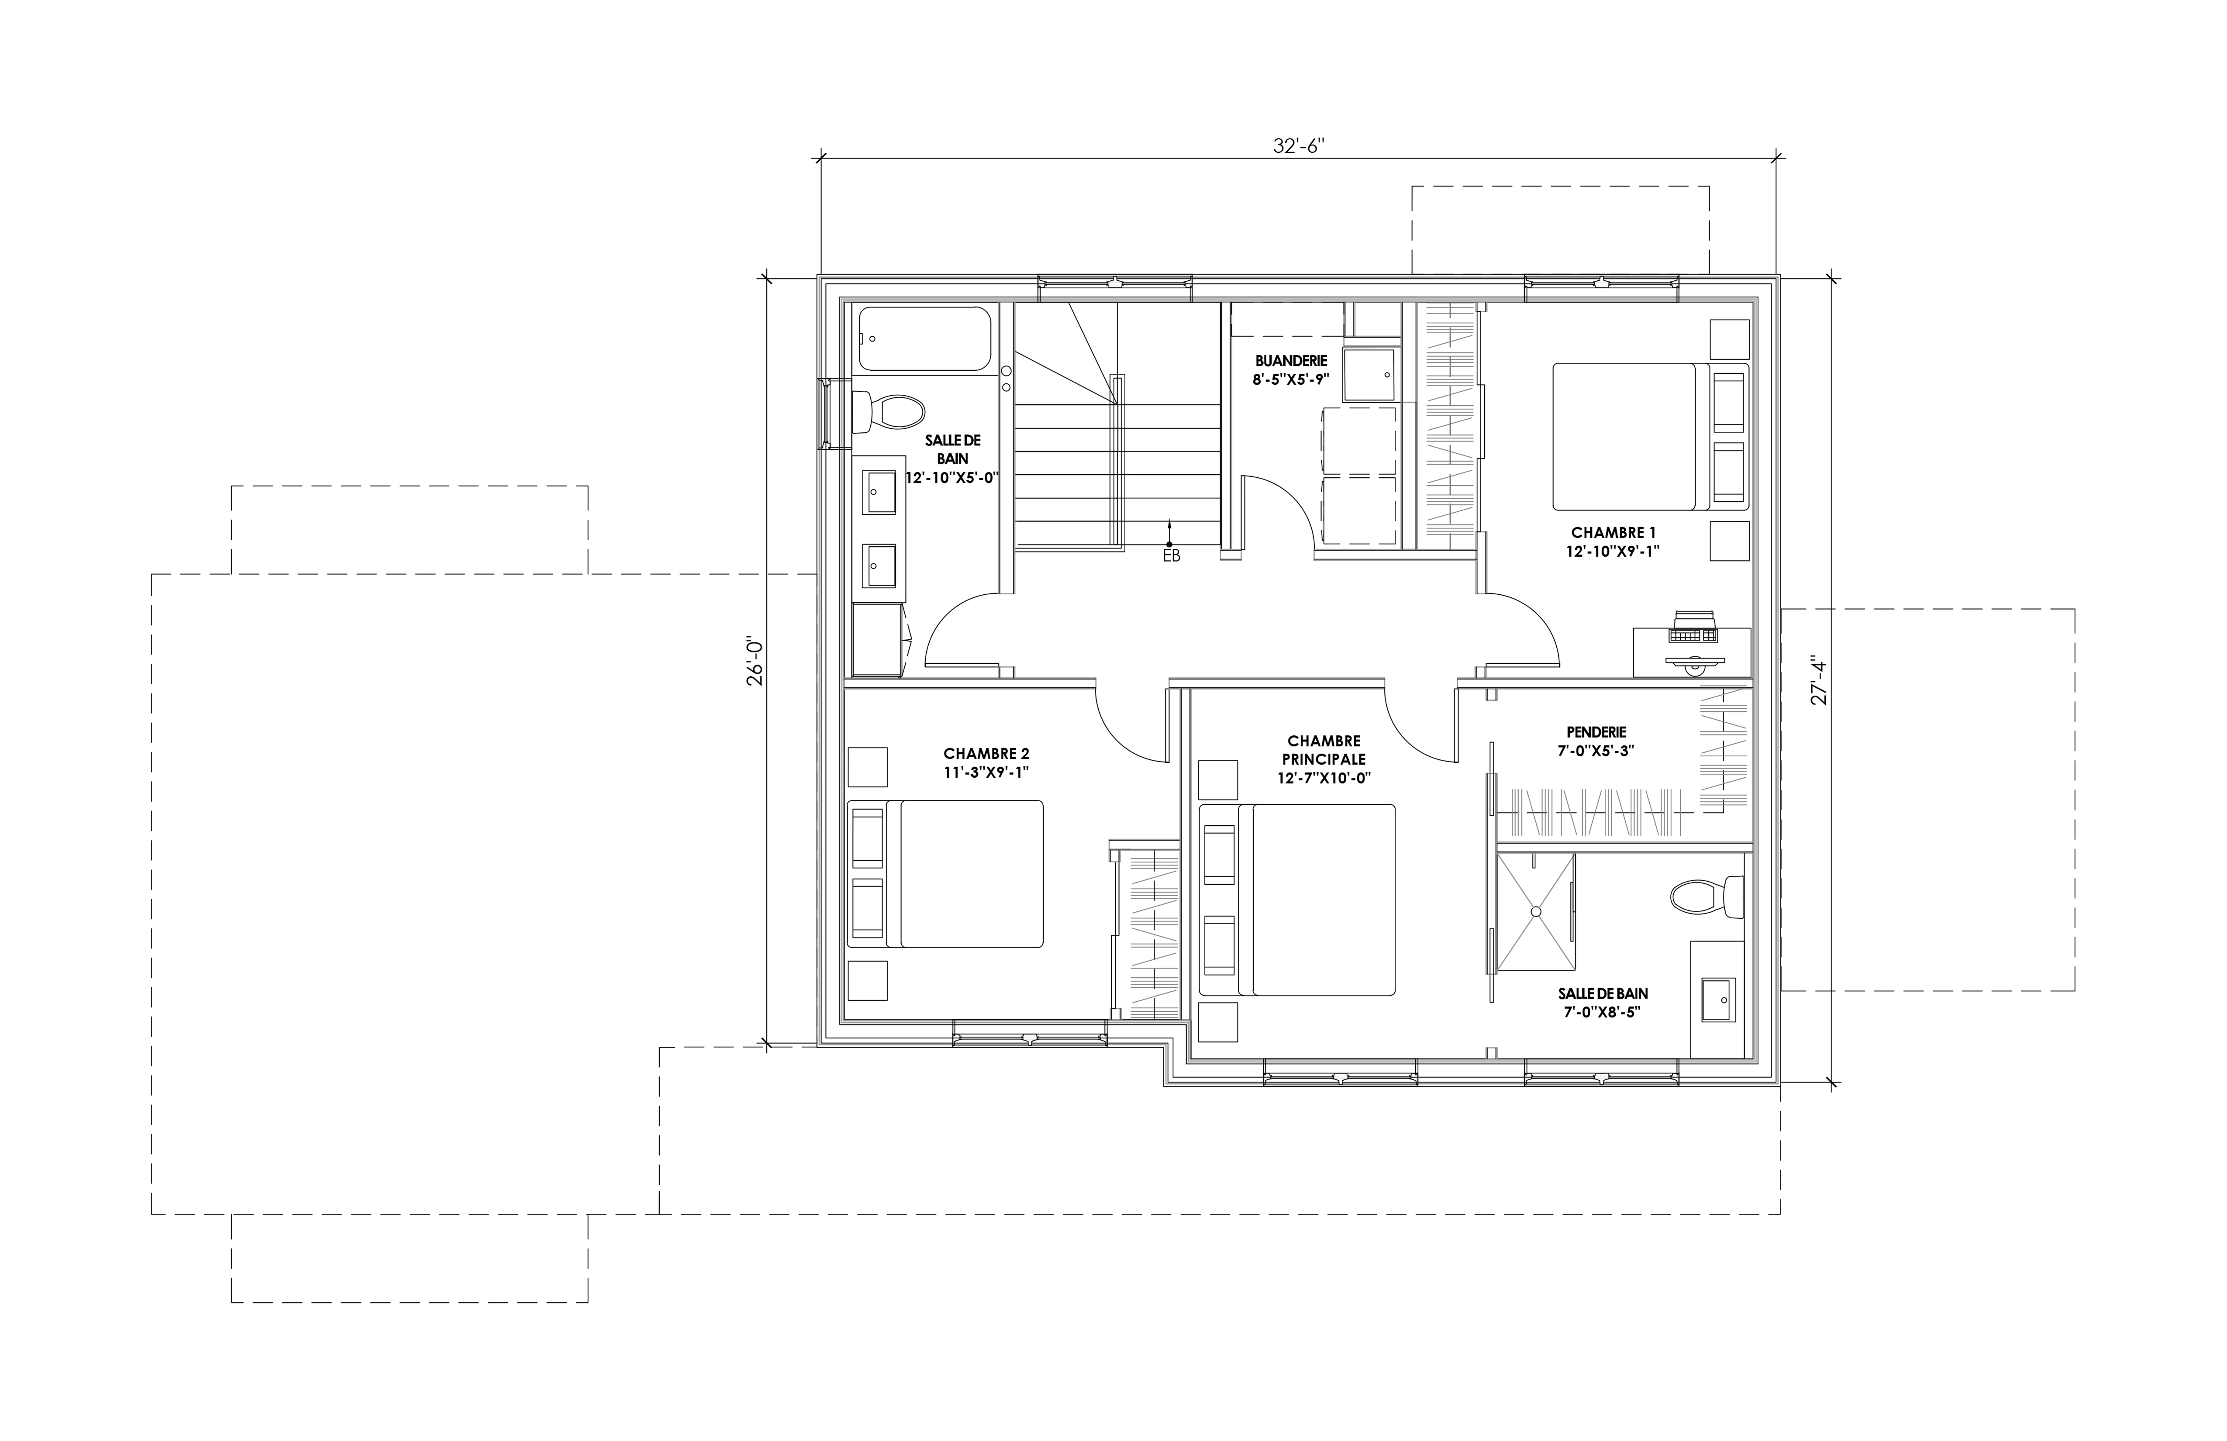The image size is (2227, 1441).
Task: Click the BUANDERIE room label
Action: [x=1291, y=360]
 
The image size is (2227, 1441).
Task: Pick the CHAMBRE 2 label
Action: [x=986, y=753]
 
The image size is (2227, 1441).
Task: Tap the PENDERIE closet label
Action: [x=1596, y=732]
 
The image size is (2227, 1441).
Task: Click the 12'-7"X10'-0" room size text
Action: [x=1324, y=778]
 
